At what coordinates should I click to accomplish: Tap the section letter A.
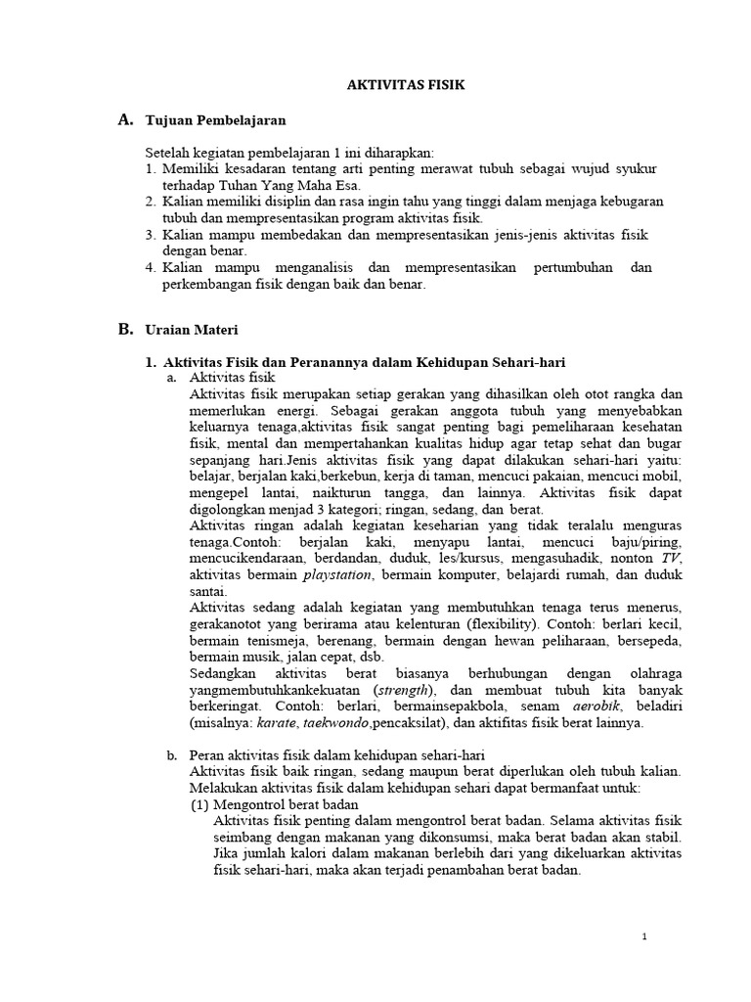(x=124, y=119)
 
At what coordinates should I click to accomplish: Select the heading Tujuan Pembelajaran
(x=215, y=120)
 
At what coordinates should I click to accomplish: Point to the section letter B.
(x=124, y=329)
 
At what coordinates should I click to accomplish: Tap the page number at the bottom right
(x=644, y=936)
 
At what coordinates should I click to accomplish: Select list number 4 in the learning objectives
(x=151, y=267)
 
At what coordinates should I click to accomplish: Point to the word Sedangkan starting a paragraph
(x=224, y=673)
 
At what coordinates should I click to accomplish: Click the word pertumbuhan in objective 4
(x=564, y=267)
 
